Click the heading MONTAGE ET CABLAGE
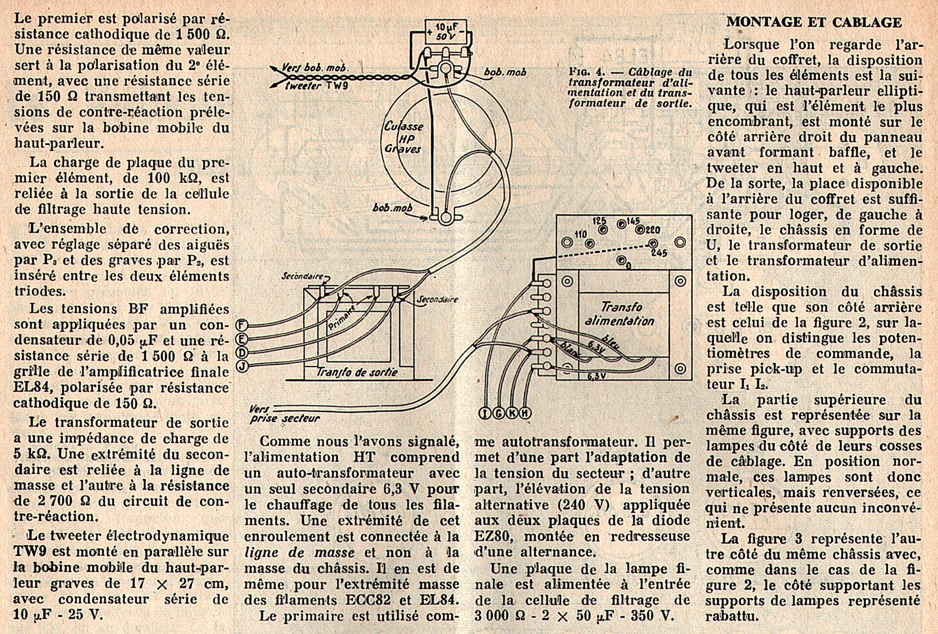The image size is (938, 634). click(x=814, y=22)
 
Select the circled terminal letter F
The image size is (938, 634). click(x=242, y=325)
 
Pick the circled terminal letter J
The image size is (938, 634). click(x=242, y=366)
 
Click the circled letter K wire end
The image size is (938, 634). click(x=512, y=413)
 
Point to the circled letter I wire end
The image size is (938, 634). click(x=484, y=413)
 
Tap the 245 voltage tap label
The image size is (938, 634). click(x=659, y=253)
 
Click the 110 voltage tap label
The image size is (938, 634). click(x=581, y=234)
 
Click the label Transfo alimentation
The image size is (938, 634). click(x=619, y=314)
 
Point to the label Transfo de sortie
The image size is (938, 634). click(x=357, y=372)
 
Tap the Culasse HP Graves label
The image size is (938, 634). click(x=403, y=137)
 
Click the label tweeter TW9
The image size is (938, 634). click(x=317, y=86)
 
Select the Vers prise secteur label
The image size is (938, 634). click(x=284, y=415)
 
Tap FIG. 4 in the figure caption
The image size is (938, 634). click(x=586, y=72)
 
